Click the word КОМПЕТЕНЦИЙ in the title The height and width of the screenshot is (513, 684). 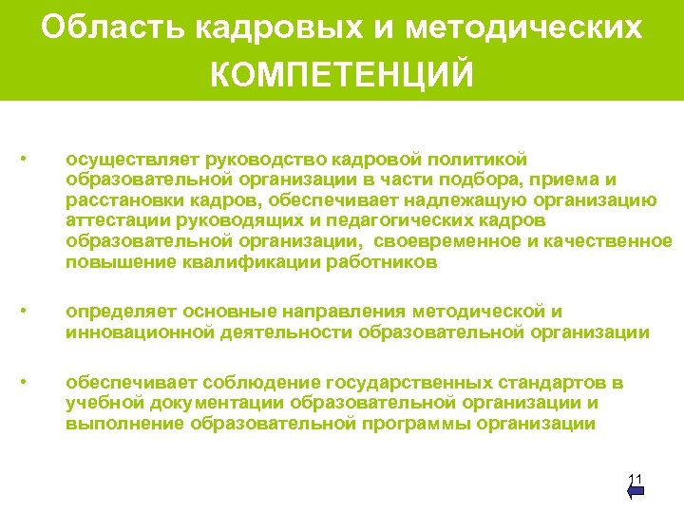[x=341, y=74]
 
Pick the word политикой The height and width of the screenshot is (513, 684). [x=473, y=158]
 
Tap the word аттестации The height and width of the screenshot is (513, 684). [x=112, y=220]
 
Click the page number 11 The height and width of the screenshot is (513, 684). [x=636, y=478]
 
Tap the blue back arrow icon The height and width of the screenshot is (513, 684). [x=636, y=491]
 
